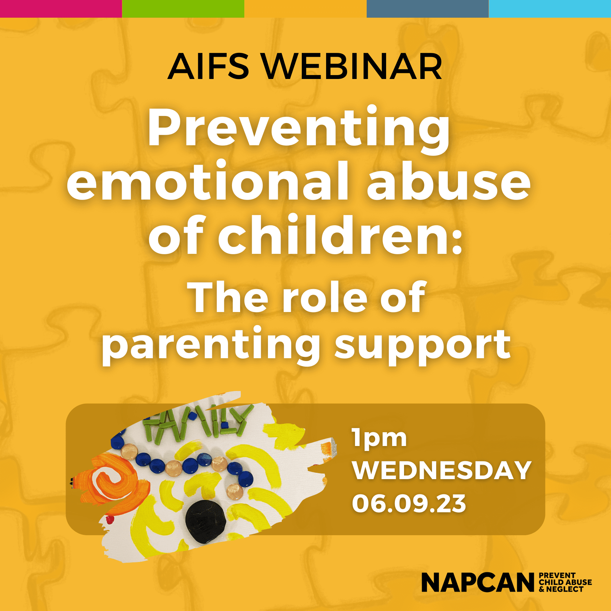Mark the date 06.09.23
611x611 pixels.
click(x=409, y=503)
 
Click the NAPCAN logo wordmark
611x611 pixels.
click(x=478, y=582)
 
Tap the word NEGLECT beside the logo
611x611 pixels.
click(x=565, y=589)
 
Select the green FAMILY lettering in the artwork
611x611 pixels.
click(x=197, y=423)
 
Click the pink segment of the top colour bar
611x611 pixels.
click(x=61, y=9)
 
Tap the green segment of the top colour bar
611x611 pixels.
click(x=183, y=9)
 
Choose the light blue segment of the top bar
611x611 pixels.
click(x=550, y=9)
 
